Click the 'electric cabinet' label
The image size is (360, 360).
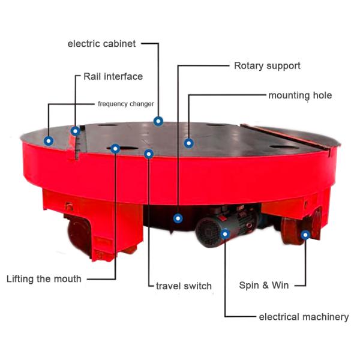click(101, 44)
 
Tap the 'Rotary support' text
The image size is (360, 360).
click(267, 66)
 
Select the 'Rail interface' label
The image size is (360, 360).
click(113, 76)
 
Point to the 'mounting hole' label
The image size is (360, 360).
click(300, 95)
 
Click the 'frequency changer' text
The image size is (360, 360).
click(126, 104)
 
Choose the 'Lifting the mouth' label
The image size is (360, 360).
click(44, 279)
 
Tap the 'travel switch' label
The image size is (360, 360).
click(184, 286)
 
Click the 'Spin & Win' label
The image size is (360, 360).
click(264, 285)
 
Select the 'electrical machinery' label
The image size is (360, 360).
click(304, 317)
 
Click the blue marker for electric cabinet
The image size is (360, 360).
click(158, 121)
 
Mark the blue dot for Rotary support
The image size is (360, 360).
click(178, 218)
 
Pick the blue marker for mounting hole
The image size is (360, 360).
click(189, 143)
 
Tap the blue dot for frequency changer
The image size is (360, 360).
click(49, 141)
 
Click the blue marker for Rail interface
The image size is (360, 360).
click(76, 131)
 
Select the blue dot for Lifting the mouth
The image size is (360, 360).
click(115, 149)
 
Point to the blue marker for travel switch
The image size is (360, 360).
click(149, 154)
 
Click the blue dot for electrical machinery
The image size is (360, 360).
click(225, 234)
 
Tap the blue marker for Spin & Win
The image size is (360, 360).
click(305, 235)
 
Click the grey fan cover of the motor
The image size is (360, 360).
click(208, 232)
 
